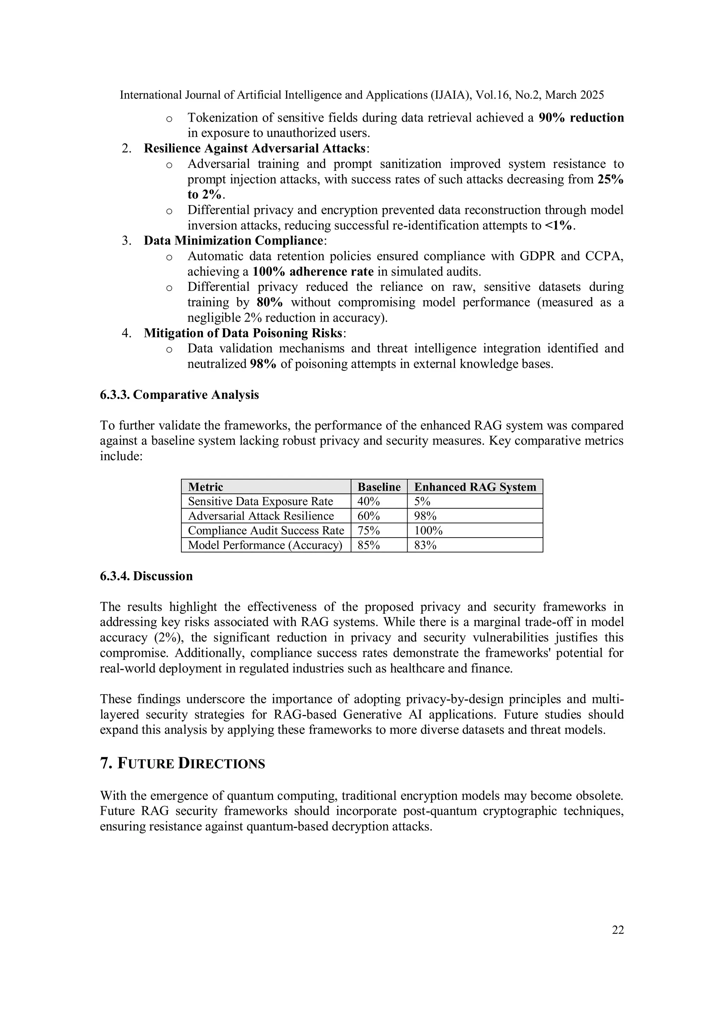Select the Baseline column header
379,487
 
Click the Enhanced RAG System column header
475,487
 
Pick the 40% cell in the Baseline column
368,501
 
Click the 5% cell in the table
422,501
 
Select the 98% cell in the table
425,516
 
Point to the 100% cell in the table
428,531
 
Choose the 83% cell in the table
425,545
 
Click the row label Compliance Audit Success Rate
266,531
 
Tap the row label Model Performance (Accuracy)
265,545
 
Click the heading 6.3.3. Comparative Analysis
179,395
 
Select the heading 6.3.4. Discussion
146,576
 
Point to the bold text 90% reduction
581,118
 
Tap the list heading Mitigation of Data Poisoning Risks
243,333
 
